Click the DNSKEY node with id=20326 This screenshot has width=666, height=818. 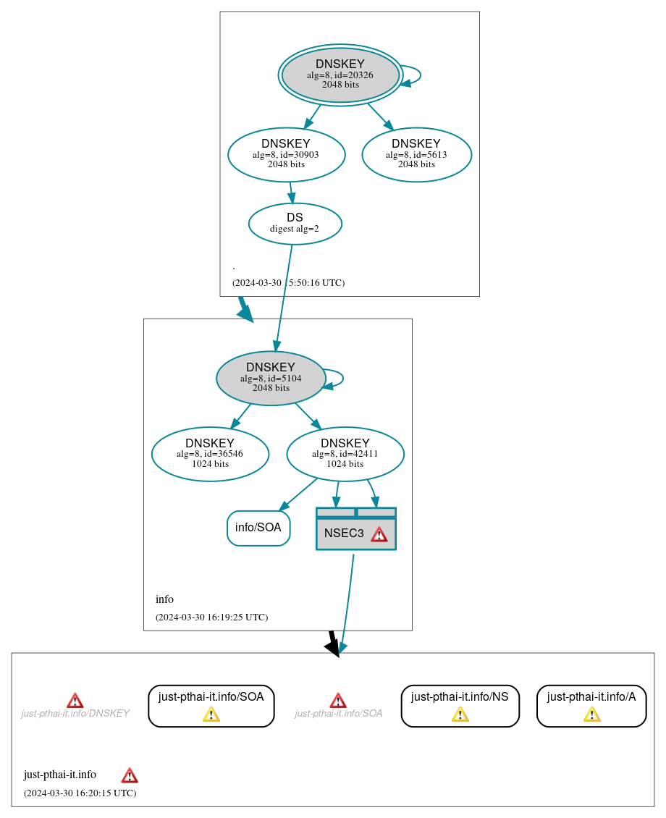340,75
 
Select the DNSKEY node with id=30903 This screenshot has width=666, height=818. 286,153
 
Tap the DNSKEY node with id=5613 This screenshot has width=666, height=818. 416,154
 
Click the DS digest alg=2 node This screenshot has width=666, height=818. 295,223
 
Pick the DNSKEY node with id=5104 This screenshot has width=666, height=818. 271,378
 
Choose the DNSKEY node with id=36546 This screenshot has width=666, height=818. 210,454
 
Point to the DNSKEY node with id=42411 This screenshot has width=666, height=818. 345,454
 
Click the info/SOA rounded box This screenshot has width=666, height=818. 258,528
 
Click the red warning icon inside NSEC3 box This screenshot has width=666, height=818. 379,534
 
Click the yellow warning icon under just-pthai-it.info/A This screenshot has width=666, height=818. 591,715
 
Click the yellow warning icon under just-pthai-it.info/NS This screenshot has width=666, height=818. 460,715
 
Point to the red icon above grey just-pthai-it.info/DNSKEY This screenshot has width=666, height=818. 75,701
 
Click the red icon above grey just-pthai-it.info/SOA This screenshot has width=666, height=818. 338,701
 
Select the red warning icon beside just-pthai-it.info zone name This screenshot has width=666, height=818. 130,776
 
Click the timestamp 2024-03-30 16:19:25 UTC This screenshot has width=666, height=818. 211,617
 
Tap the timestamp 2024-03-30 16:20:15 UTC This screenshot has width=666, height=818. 80,793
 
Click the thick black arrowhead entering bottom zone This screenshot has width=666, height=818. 333,647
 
